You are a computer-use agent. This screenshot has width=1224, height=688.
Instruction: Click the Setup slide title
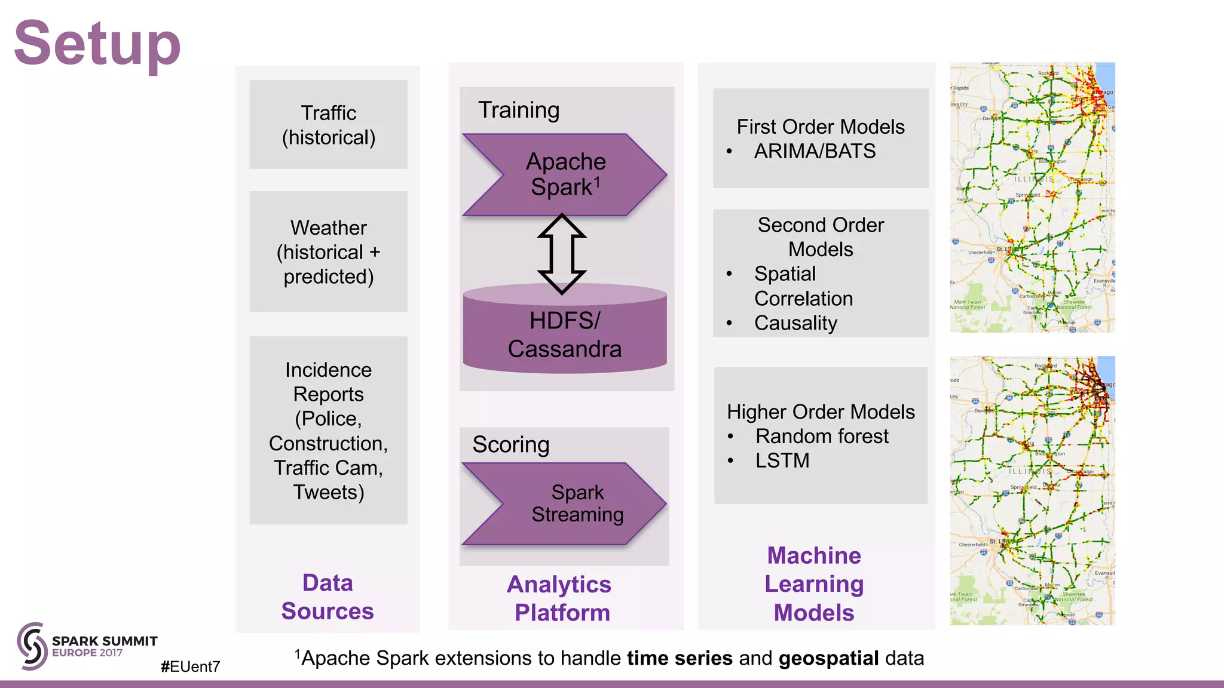(97, 43)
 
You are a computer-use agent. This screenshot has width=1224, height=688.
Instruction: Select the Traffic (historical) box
(328, 125)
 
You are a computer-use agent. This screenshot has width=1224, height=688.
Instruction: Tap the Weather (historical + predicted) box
(328, 251)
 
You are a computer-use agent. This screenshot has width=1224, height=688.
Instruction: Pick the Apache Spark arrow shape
(565, 174)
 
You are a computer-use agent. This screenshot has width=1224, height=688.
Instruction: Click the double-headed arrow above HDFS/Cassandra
(561, 253)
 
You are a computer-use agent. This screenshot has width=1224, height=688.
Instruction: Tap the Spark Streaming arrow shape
(565, 503)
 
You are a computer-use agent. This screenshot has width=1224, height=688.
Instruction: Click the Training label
(519, 110)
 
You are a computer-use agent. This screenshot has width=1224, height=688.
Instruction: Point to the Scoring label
(510, 445)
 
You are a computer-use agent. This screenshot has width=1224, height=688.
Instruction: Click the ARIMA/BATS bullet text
(815, 151)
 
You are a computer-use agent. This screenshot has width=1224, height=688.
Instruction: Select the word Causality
(795, 323)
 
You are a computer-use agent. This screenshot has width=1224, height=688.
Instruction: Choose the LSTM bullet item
(782, 460)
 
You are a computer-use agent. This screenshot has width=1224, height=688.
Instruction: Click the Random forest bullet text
(822, 436)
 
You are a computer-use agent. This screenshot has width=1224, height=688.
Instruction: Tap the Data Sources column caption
(328, 597)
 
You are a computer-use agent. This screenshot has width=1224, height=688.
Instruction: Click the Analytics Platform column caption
(560, 598)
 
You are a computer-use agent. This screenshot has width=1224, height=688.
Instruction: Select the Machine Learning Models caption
(814, 583)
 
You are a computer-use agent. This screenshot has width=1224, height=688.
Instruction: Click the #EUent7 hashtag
(190, 666)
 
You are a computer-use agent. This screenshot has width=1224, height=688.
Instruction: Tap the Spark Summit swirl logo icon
(32, 646)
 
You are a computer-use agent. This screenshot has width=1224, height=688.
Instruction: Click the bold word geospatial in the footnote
(828, 658)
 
